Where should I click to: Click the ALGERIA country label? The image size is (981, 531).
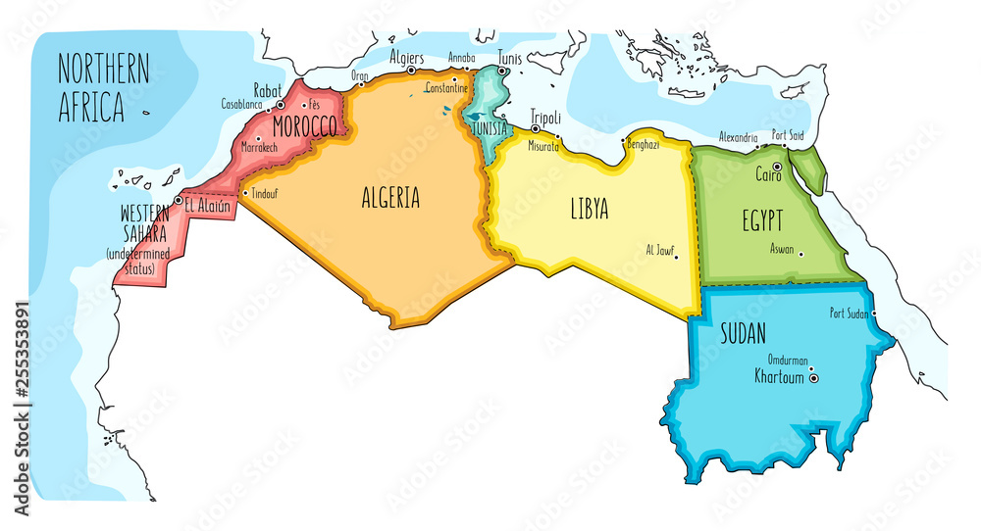(390, 198)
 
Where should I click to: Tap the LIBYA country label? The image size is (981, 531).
(590, 209)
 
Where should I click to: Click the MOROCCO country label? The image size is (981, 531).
(304, 127)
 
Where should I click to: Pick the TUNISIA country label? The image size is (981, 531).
(489, 128)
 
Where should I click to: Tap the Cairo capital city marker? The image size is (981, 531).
(776, 167)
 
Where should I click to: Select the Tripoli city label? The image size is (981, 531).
(544, 115)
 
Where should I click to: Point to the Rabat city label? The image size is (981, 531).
(269, 90)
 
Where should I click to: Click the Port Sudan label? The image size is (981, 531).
(851, 314)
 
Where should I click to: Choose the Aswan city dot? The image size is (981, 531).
(801, 255)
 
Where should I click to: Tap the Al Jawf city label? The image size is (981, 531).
(660, 248)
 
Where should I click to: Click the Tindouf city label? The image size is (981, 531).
(265, 194)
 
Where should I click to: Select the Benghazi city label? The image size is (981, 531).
(642, 144)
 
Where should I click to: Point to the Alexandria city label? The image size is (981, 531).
(738, 137)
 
